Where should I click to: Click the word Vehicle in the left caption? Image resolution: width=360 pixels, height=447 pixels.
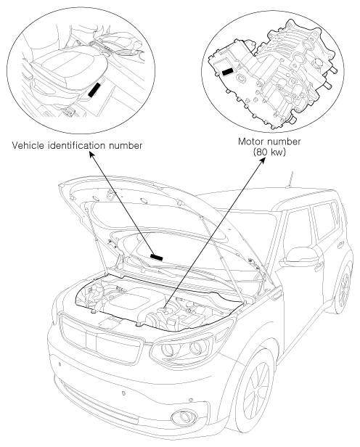[x=28, y=145]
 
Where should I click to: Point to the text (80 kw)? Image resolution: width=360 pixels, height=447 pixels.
[x=269, y=152]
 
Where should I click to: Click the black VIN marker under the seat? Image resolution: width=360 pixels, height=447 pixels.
[x=94, y=90]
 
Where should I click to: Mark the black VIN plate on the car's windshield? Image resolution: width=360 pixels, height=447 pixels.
[x=157, y=257]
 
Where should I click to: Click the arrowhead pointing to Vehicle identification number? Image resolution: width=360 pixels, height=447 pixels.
[x=91, y=154]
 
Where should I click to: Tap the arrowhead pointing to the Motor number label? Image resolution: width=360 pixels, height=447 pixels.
[x=263, y=160]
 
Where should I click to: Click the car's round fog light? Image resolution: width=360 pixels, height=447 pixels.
[x=184, y=417]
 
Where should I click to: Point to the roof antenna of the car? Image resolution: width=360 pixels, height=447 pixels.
[x=290, y=179]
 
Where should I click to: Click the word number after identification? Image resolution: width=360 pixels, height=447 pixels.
[x=126, y=145]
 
